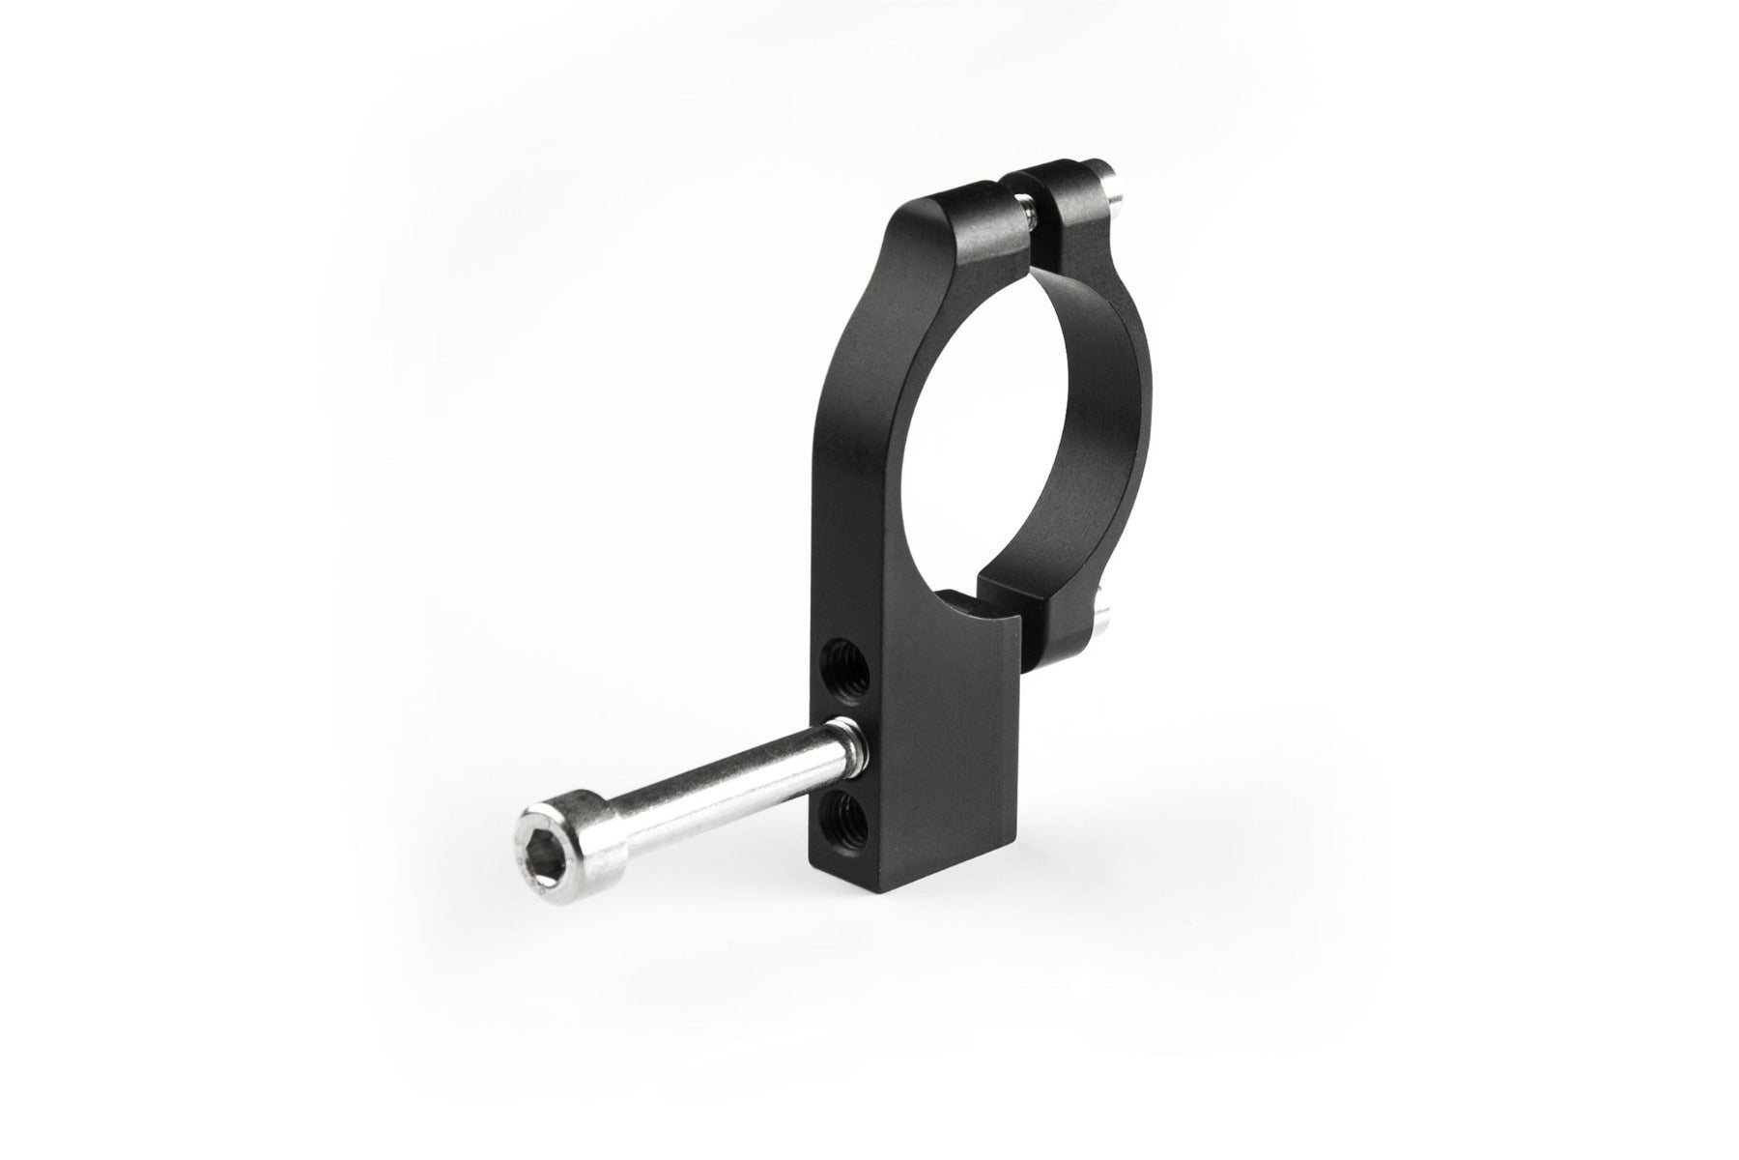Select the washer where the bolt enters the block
coord(844,739)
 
